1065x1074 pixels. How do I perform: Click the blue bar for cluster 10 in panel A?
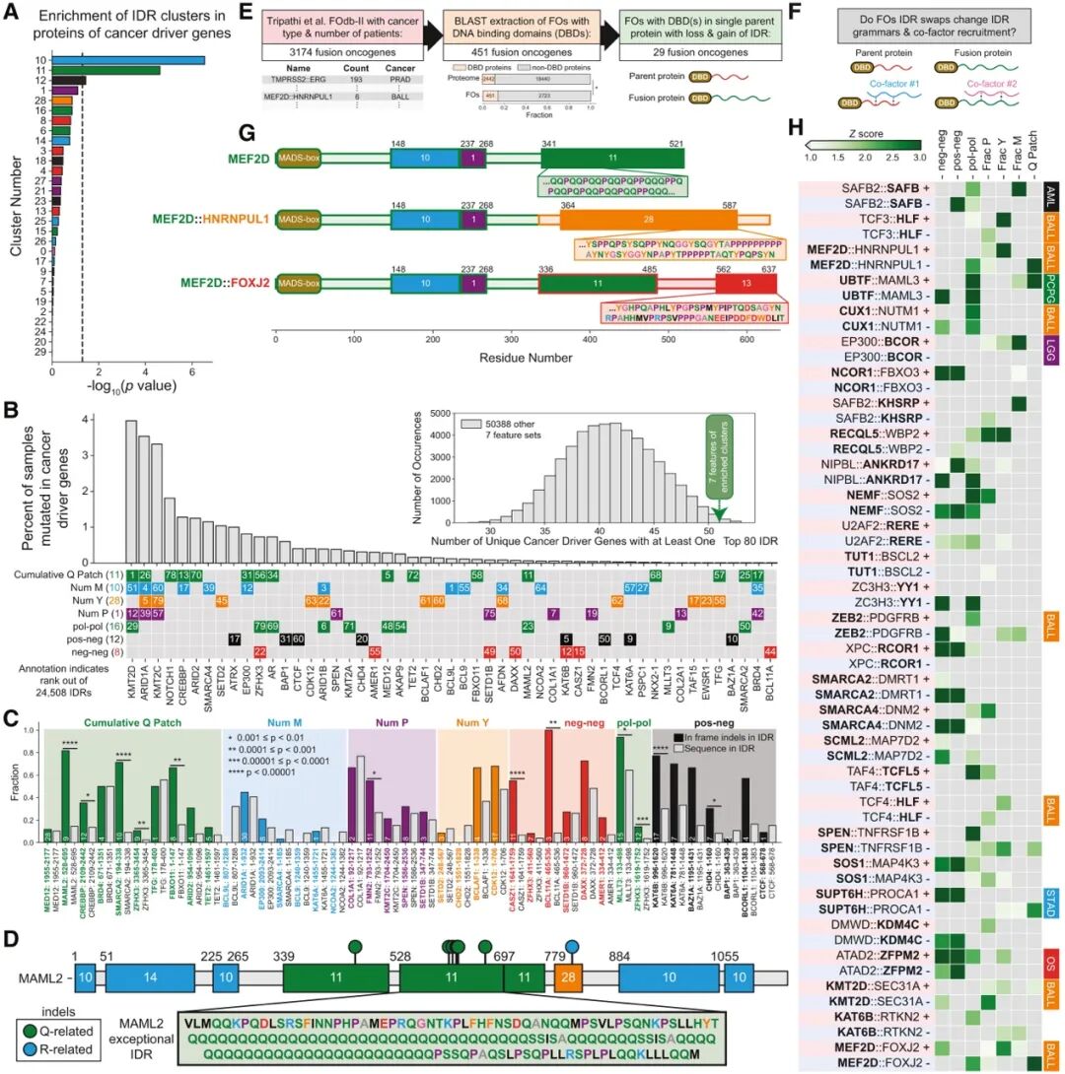tap(128, 60)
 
